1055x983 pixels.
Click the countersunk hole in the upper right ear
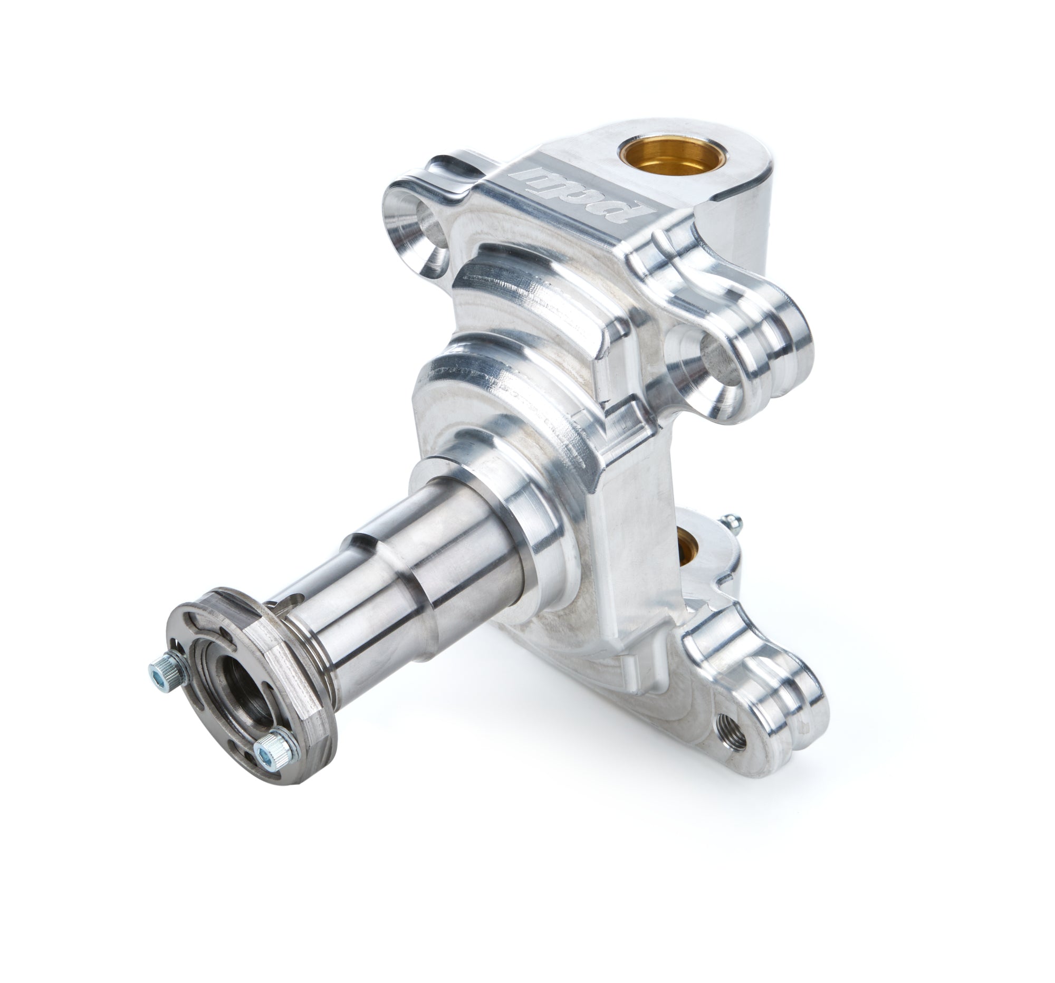coord(715,360)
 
